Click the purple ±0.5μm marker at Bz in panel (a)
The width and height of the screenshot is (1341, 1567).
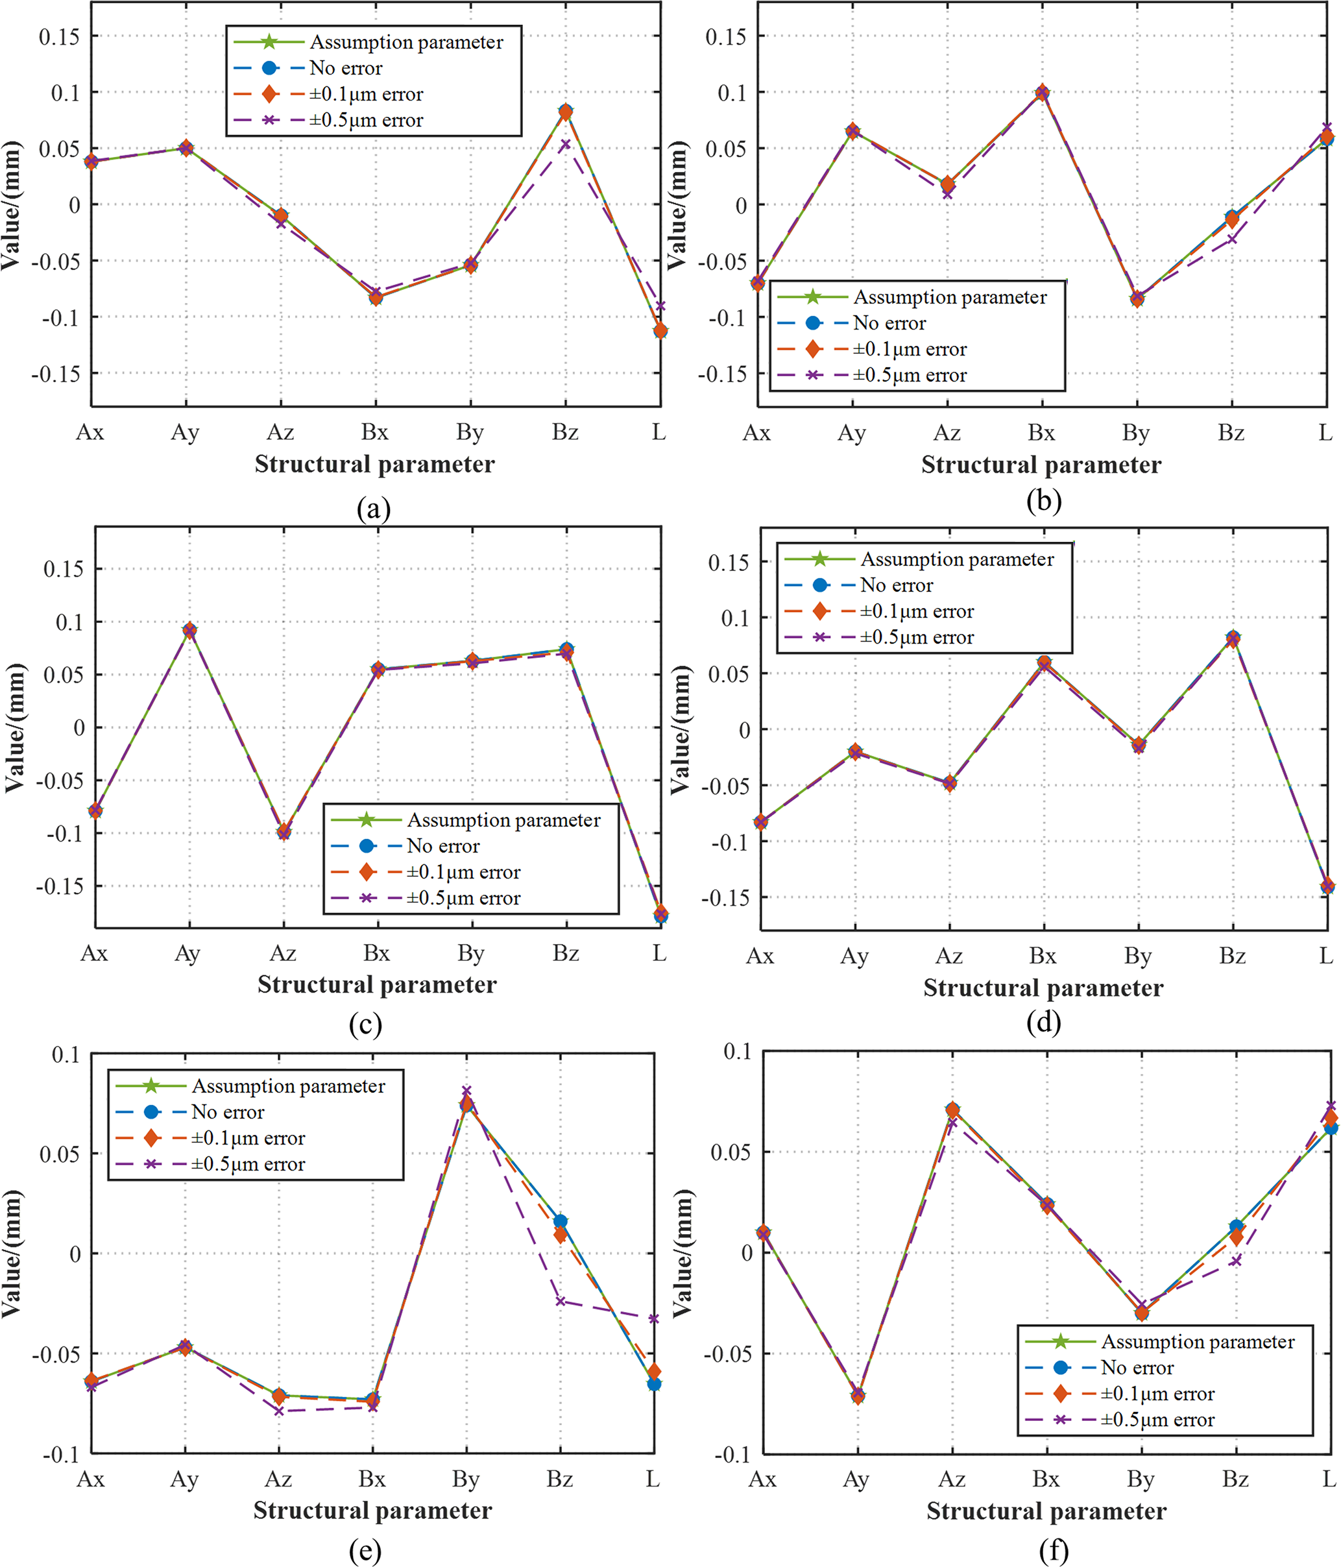click(565, 143)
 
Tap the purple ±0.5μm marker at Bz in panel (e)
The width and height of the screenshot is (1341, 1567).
click(561, 1302)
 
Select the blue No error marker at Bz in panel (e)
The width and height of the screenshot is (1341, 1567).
click(561, 1221)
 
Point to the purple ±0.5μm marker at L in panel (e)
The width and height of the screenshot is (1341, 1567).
click(654, 1319)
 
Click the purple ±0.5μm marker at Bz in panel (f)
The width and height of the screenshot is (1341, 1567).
click(1236, 1261)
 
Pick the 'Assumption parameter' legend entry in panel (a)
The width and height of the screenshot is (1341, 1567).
click(406, 42)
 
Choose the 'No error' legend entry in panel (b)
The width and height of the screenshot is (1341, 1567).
click(889, 324)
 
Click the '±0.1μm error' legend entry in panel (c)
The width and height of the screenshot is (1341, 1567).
click(463, 872)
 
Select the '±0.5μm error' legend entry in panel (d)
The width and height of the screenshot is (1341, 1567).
click(917, 638)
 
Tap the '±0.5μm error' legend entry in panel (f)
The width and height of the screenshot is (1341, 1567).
click(1157, 1420)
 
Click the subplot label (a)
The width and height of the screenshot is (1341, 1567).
click(374, 508)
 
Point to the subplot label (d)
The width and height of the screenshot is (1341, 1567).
click(1044, 1022)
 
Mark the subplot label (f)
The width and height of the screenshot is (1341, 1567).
click(1054, 1551)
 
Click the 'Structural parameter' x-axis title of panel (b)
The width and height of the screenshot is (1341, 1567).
click(1041, 465)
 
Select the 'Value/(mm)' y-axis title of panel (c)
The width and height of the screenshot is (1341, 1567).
click(15, 728)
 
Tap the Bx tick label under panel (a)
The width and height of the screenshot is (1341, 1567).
click(374, 433)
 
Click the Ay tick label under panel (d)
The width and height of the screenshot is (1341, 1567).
click(854, 956)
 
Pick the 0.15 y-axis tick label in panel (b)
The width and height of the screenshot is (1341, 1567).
click(725, 36)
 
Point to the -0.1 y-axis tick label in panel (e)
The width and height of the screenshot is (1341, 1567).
click(62, 1454)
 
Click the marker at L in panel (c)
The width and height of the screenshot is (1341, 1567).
click(661, 914)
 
